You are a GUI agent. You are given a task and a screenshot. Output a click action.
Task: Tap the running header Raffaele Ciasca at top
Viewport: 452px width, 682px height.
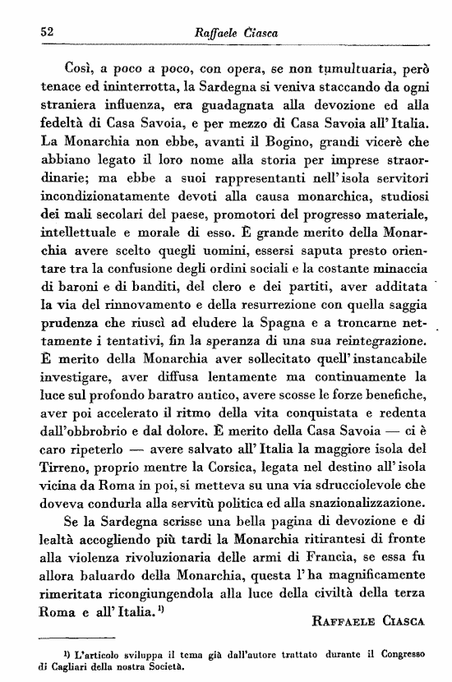click(x=234, y=32)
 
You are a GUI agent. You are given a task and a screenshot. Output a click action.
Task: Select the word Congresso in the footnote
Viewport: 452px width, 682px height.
click(x=394, y=655)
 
